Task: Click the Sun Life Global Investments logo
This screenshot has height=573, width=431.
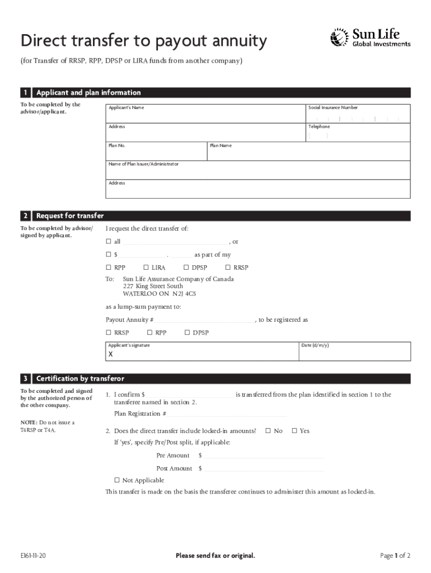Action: click(371, 37)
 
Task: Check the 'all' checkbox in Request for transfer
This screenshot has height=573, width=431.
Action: click(109, 242)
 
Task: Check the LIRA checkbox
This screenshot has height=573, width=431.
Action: click(146, 267)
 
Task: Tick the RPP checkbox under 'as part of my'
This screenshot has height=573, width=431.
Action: click(109, 267)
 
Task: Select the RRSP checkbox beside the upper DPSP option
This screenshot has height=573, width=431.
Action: click(228, 267)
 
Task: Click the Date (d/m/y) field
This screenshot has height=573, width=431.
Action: click(355, 354)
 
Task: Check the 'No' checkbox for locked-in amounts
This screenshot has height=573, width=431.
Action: click(268, 431)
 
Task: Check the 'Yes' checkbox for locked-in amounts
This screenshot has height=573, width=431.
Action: click(294, 431)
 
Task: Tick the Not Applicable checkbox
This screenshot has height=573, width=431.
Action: click(117, 480)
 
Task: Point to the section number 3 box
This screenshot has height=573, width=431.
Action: click(26, 379)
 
